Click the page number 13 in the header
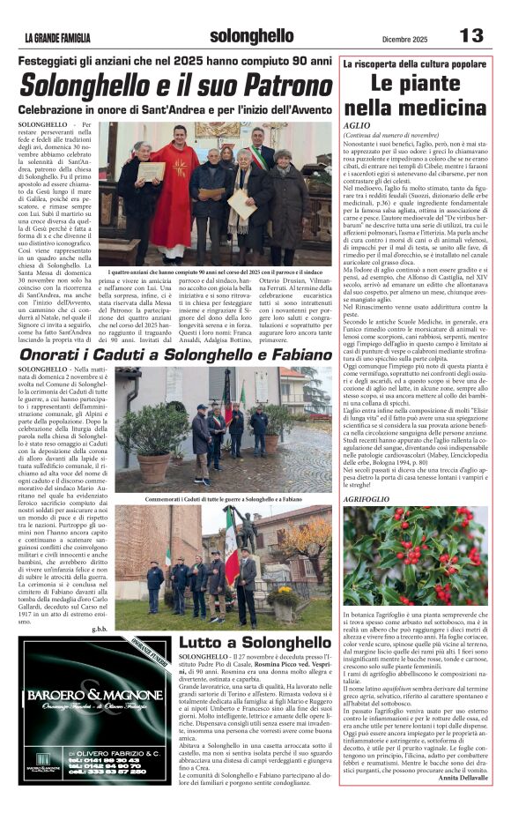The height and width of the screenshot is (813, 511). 471,35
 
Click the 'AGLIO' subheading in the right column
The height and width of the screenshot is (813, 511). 357,125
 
